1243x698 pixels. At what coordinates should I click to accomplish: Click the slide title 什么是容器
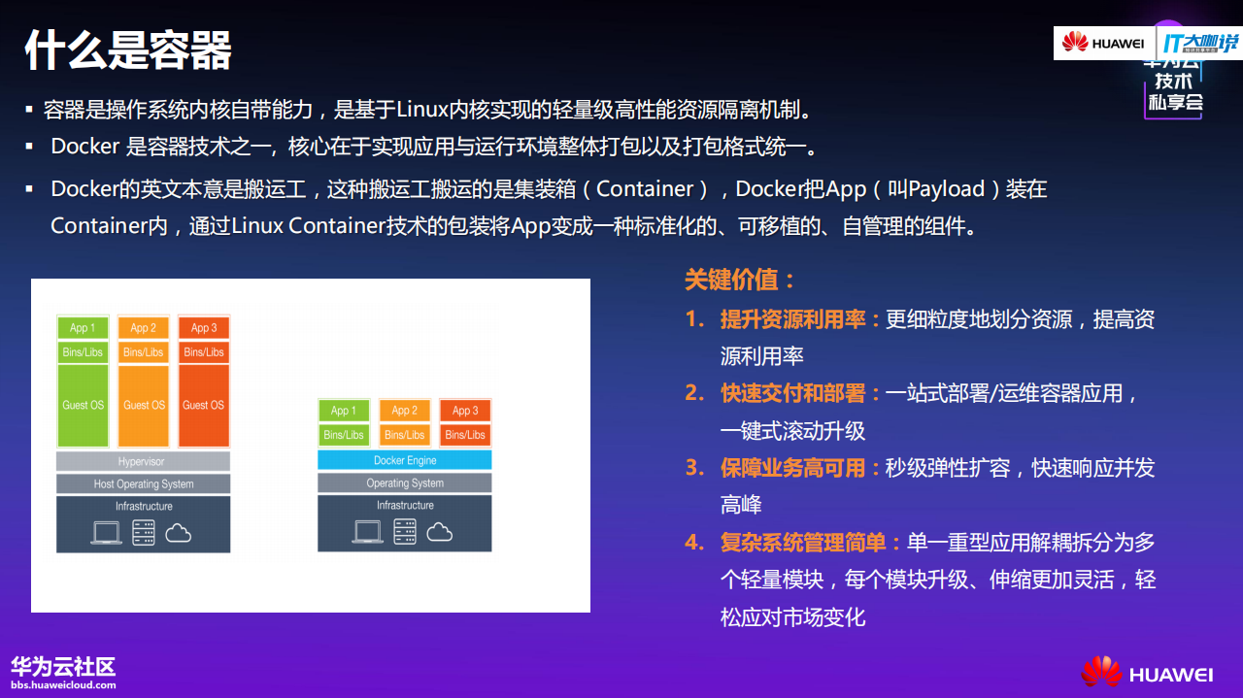point(127,50)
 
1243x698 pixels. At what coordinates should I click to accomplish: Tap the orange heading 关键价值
point(740,280)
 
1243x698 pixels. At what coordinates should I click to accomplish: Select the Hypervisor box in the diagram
point(143,462)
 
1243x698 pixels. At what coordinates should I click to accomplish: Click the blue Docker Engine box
point(405,460)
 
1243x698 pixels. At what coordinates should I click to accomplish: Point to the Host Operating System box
point(143,483)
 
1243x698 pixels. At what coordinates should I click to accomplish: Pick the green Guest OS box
point(83,405)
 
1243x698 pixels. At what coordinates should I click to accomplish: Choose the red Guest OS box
point(203,405)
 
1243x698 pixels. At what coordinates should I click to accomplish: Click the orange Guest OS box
point(144,405)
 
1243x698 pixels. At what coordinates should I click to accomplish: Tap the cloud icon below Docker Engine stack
point(440,531)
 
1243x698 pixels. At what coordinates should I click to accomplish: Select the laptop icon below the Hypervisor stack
point(106,532)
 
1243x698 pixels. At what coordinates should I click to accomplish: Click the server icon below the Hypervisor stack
point(144,532)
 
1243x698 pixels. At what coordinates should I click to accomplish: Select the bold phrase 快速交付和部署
point(792,393)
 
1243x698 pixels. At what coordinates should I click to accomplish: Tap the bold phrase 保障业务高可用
point(792,468)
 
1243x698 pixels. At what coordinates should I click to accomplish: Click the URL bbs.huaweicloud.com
point(63,684)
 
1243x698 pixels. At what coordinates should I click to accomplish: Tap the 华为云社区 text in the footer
point(63,666)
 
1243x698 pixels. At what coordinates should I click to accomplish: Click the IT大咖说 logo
point(1200,43)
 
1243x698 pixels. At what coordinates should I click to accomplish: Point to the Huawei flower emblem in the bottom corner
point(1101,672)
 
